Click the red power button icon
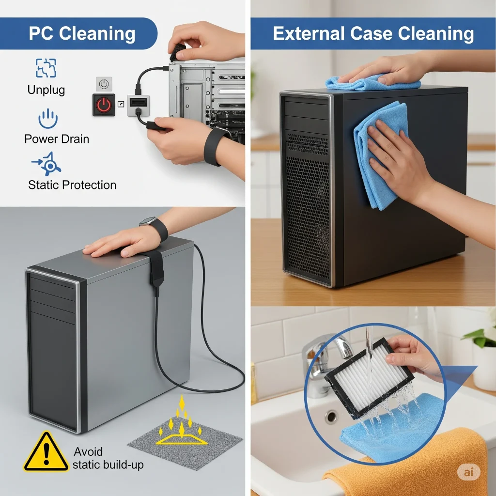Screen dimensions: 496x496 [104, 105]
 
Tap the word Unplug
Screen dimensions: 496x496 [46, 90]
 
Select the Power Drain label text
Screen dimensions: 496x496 [57, 139]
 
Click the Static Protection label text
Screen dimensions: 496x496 [72, 185]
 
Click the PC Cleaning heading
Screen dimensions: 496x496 [82, 34]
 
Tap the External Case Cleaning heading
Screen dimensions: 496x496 [373, 34]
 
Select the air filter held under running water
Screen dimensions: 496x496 [369, 377]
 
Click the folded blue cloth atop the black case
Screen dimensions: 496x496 [373, 83]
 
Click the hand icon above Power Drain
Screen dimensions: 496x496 [47, 119]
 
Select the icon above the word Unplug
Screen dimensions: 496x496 [46, 69]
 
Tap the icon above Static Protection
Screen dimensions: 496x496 [47, 164]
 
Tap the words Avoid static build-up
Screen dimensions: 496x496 [108, 458]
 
